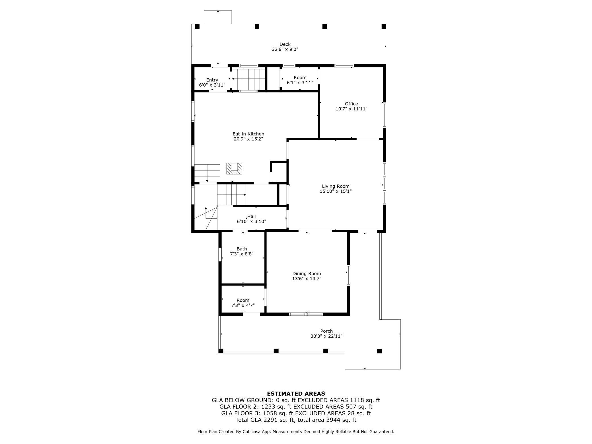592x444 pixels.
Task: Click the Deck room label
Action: [285, 44]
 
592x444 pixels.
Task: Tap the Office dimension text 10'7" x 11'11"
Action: [351, 109]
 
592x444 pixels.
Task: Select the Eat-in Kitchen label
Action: [248, 134]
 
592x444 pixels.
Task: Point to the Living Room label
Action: [336, 186]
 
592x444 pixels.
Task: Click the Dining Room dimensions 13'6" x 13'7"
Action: [307, 279]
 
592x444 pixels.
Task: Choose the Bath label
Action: [242, 249]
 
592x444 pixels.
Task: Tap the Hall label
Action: [251, 216]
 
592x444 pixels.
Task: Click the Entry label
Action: [212, 80]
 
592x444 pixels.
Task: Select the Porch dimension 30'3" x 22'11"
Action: [326, 336]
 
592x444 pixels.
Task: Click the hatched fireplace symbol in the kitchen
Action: [234, 169]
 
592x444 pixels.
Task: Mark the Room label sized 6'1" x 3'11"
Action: [300, 78]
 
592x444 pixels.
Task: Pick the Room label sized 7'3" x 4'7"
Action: [243, 300]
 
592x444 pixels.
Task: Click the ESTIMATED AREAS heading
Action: [296, 394]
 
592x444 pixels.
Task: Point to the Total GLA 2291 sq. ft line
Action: [296, 420]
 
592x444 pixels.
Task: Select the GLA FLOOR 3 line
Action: [296, 413]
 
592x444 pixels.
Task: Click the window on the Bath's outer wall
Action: [220, 254]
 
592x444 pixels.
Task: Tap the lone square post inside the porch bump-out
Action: [379, 351]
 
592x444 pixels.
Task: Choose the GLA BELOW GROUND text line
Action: [296, 400]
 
